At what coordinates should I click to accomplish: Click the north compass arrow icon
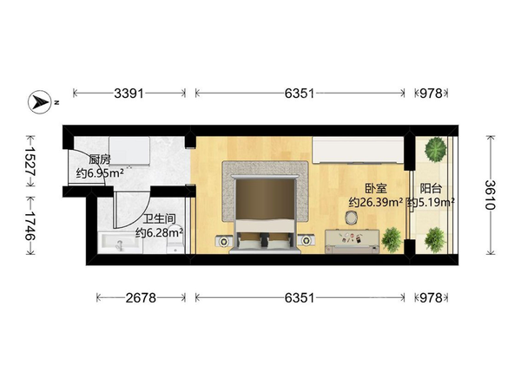click(x=40, y=101)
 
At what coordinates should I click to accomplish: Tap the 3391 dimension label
click(x=129, y=94)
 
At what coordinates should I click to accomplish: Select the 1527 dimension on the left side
click(x=30, y=161)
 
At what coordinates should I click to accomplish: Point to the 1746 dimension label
click(x=30, y=225)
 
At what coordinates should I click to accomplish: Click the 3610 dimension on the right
click(x=491, y=195)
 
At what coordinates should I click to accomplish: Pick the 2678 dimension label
click(x=141, y=298)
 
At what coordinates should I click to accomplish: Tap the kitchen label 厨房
click(x=100, y=159)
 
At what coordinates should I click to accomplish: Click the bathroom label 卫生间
click(x=160, y=219)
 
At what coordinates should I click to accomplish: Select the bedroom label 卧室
click(x=376, y=189)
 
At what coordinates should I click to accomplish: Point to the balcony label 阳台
click(x=431, y=189)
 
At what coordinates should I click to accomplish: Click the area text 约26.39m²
click(x=376, y=202)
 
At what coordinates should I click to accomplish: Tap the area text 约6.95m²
click(x=100, y=172)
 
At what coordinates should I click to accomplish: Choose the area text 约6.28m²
click(x=160, y=232)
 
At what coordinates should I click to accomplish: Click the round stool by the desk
click(x=351, y=218)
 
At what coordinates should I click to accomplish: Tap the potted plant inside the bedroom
click(x=392, y=239)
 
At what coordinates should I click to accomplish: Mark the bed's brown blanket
click(x=265, y=199)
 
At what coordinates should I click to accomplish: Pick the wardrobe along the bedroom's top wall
click(x=358, y=150)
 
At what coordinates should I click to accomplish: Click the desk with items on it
click(x=353, y=241)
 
